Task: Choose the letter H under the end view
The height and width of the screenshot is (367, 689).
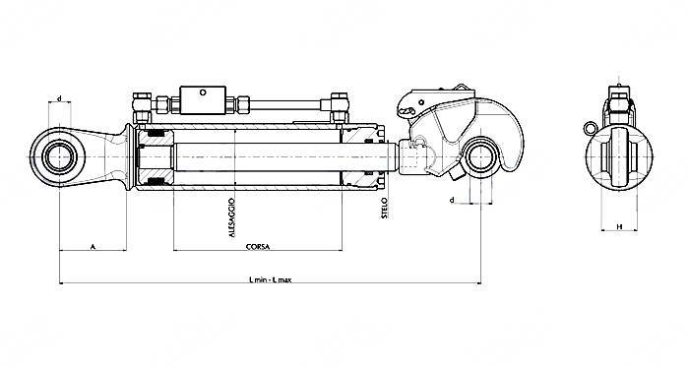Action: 618,225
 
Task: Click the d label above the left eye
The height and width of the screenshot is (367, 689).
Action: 60,99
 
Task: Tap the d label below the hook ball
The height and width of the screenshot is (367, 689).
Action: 451,200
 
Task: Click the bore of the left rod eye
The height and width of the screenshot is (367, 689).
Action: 58,153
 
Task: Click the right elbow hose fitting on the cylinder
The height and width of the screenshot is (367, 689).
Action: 340,102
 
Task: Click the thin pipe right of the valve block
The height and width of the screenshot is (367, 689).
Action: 285,101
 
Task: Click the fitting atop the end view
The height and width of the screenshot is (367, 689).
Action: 617,102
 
